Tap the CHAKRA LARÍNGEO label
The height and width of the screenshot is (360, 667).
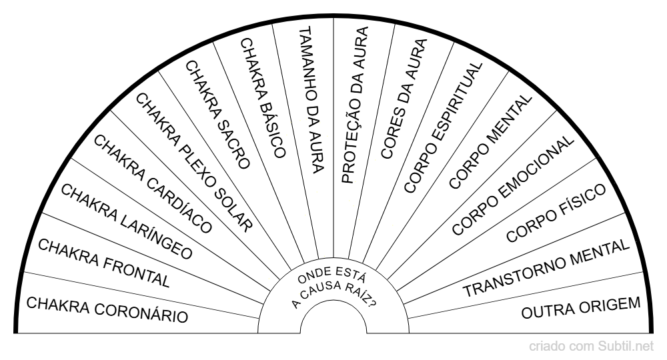click(126, 221)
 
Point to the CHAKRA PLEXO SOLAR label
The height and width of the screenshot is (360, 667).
click(194, 162)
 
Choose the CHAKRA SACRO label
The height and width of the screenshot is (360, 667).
click(217, 113)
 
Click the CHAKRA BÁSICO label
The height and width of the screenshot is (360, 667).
click(262, 97)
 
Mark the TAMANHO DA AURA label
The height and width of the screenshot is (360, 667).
click(311, 100)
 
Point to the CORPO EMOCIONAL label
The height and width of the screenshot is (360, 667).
click(512, 186)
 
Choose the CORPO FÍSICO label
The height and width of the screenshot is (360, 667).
click(556, 213)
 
